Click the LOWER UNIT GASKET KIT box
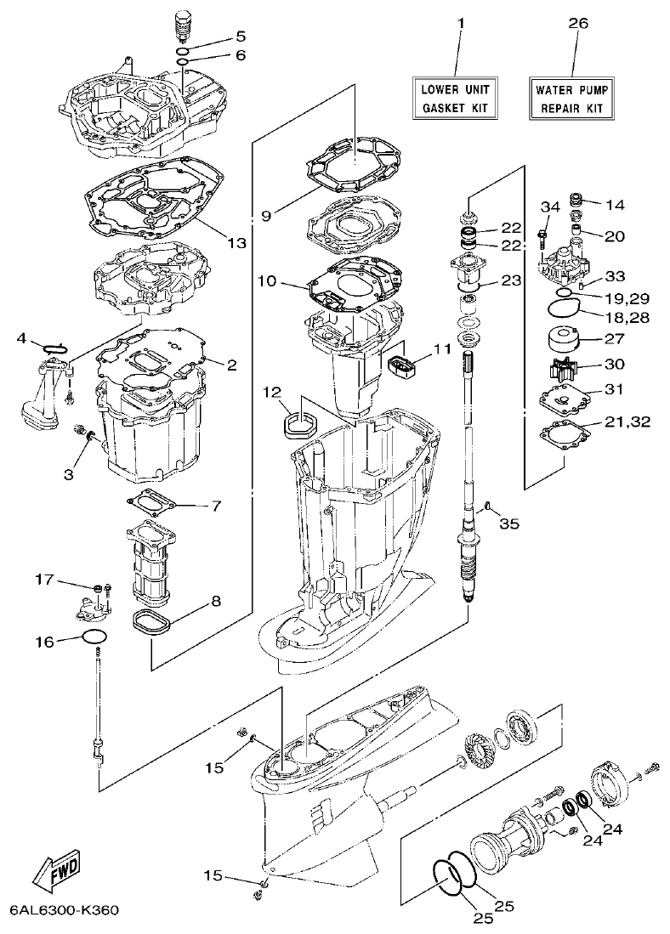coord(454,98)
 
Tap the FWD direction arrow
coord(54,869)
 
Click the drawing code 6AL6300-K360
coord(64,910)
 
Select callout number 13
coord(236,243)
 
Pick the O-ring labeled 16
coord(94,640)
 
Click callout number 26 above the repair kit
coord(577,24)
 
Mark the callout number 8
coord(216,601)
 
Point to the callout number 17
coord(44,580)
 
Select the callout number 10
coord(266,280)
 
